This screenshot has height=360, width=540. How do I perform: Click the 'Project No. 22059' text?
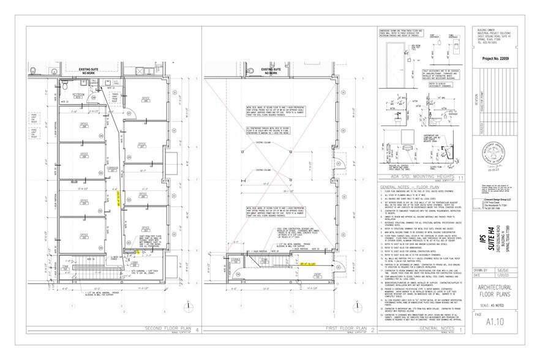pyautogui.click(x=495, y=59)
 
